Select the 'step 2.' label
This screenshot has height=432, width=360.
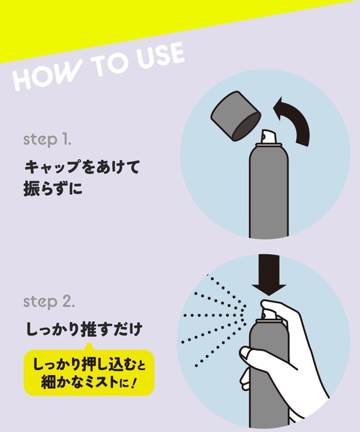coord(50,299)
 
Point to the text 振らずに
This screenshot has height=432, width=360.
coord(57,192)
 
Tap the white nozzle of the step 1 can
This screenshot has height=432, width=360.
coord(268,138)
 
